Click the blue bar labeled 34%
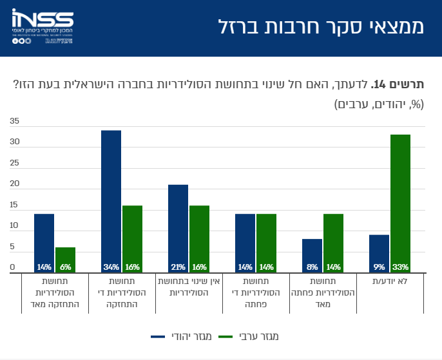tap(111, 200)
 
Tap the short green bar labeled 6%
tap(65, 260)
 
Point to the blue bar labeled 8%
tap(312, 255)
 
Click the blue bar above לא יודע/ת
tap(379, 253)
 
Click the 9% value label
tap(379, 267)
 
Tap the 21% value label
tap(178, 267)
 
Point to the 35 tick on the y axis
tap(14, 121)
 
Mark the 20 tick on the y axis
tap(14, 184)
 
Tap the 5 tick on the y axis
tap(12, 247)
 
